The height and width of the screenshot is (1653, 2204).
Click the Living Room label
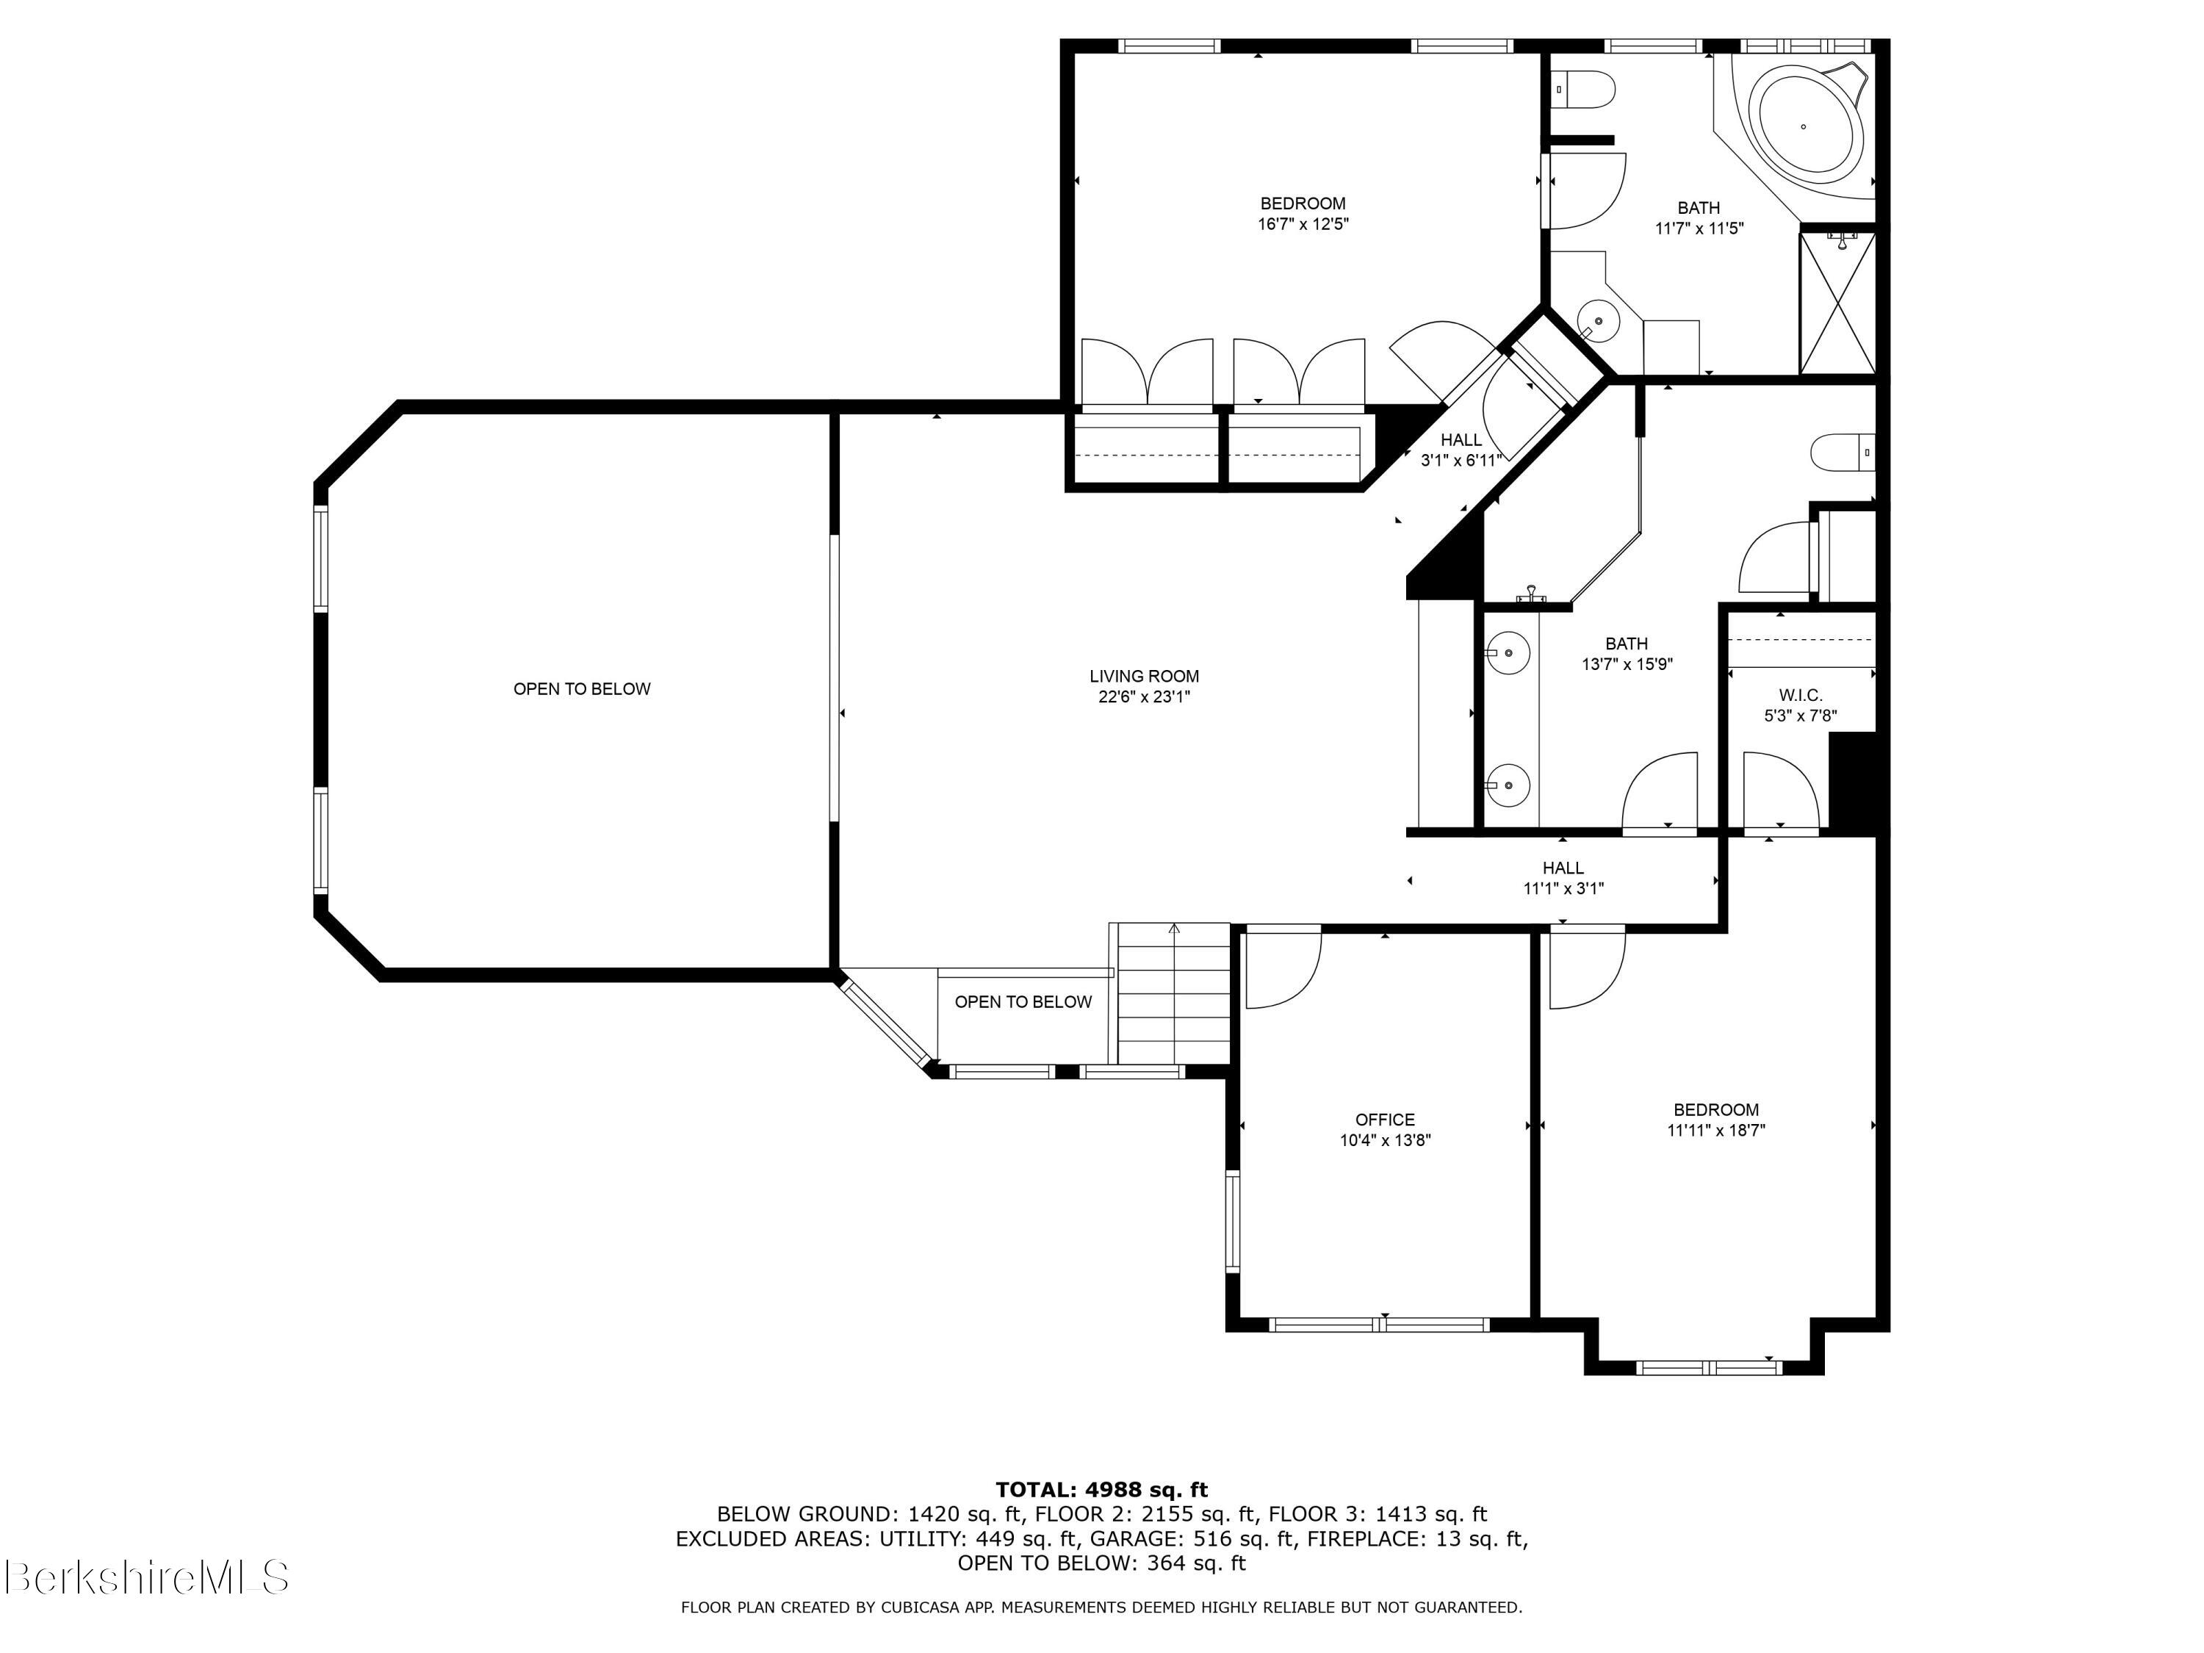[x=1144, y=677]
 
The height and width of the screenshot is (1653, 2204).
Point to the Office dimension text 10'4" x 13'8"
[x=1385, y=1141]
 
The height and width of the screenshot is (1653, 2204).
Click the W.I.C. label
[x=1801, y=696]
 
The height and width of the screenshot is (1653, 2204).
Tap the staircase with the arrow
[x=1174, y=993]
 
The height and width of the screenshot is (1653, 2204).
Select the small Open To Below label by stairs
[x=1023, y=1002]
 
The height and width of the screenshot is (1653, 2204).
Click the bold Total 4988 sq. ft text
[x=1101, y=1490]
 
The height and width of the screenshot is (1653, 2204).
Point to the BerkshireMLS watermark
[x=146, y=1577]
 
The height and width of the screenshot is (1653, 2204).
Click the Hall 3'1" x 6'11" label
[x=1461, y=450]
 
